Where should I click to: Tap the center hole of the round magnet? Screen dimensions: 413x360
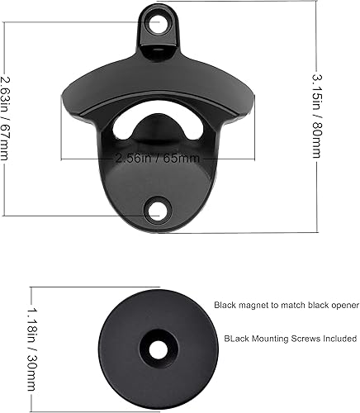pos(156,348)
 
